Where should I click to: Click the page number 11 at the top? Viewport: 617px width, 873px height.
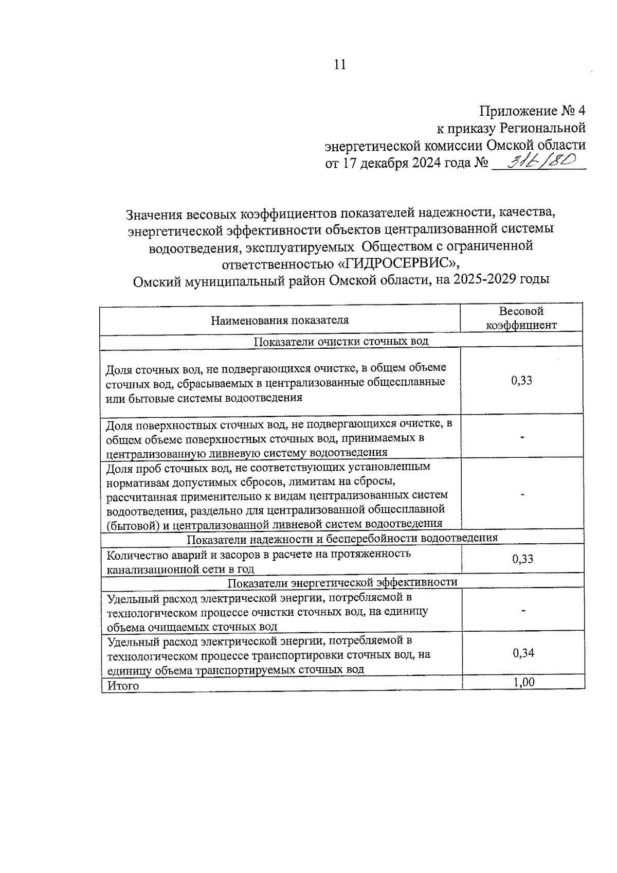[x=340, y=65]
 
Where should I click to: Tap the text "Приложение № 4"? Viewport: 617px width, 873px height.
[x=532, y=111]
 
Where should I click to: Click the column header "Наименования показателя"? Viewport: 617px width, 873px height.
[x=279, y=320]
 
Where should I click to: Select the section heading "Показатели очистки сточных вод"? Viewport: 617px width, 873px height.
[x=341, y=341]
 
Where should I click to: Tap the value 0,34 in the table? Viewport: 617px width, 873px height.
[x=523, y=653]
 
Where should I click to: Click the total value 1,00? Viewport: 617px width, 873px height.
[x=523, y=682]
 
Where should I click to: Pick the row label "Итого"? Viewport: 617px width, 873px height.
[x=123, y=686]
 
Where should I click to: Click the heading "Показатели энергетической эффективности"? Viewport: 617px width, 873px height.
[x=342, y=582]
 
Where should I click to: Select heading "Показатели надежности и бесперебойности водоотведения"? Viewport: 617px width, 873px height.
[x=342, y=538]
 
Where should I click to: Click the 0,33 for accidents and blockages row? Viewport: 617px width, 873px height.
[x=523, y=559]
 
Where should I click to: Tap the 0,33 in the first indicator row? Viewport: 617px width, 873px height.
[x=521, y=381]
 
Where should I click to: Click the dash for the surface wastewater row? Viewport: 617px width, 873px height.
[x=522, y=437]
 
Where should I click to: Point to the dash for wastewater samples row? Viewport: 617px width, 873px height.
[x=522, y=494]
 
